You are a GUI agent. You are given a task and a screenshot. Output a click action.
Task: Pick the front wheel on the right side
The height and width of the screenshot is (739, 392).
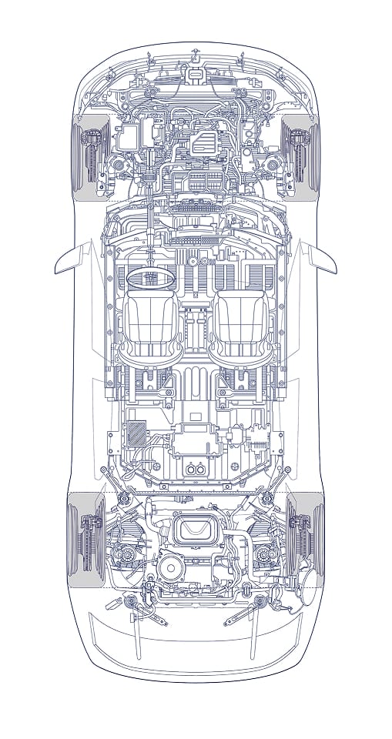(306, 154)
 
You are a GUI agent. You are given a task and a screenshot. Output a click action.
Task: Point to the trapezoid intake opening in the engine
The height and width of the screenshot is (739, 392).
(196, 530)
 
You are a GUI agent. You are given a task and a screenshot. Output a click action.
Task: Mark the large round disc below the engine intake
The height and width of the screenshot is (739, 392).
(171, 570)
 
